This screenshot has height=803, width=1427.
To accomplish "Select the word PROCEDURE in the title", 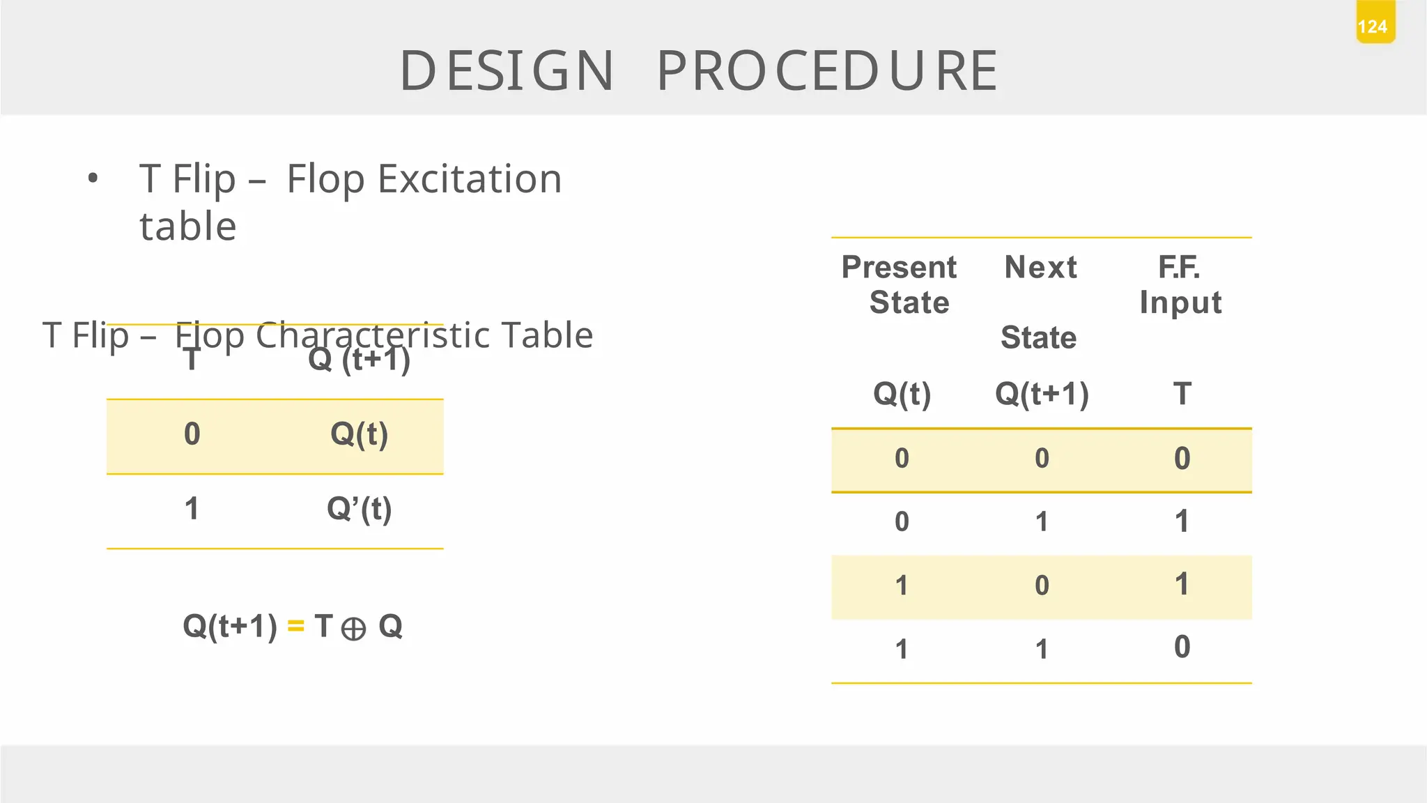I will pyautogui.click(x=828, y=71).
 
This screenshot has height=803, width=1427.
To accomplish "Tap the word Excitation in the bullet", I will pyautogui.click(x=469, y=179).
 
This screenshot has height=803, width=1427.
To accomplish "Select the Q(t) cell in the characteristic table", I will pyautogui.click(x=359, y=434).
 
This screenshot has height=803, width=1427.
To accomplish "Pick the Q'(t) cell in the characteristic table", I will pyautogui.click(x=359, y=509).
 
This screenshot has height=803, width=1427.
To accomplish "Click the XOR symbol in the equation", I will pyautogui.click(x=354, y=629).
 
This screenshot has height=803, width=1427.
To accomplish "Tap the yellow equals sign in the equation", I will pyautogui.click(x=295, y=627).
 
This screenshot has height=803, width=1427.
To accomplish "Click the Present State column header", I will pyautogui.click(x=900, y=284).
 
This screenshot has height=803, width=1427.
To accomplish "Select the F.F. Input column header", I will pyautogui.click(x=1180, y=284).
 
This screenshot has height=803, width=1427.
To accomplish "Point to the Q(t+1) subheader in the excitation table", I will pyautogui.click(x=1042, y=394).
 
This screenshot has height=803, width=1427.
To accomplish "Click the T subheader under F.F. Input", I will pyautogui.click(x=1182, y=394).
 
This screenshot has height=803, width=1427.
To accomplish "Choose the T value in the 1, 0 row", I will pyautogui.click(x=1182, y=584).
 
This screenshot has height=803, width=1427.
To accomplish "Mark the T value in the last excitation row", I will pyautogui.click(x=1182, y=648).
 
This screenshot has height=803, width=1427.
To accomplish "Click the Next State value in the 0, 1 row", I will pyautogui.click(x=1042, y=521).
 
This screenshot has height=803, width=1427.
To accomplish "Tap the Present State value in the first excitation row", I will pyautogui.click(x=902, y=458).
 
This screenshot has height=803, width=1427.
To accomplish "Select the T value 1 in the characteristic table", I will pyautogui.click(x=192, y=509).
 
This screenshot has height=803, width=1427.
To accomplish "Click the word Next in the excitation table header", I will pyautogui.click(x=1040, y=267).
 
